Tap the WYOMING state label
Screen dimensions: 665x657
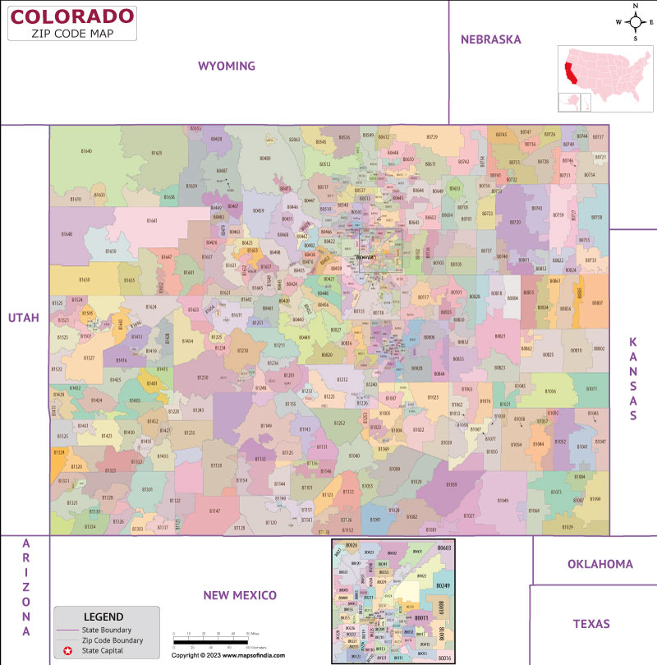pyautogui.click(x=227, y=66)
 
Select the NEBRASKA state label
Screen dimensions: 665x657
pyautogui.click(x=491, y=39)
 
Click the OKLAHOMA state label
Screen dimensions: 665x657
pyautogui.click(x=600, y=564)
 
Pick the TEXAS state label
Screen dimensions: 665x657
pyautogui.click(x=592, y=624)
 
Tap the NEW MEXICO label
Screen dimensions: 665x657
pyautogui.click(x=240, y=595)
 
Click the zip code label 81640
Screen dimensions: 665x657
pyautogui.click(x=86, y=152)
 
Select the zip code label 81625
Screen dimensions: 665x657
pyautogui.click(x=156, y=153)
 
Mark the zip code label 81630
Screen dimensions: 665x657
pyautogui.click(x=85, y=280)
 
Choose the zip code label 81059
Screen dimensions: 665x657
pyautogui.click(x=452, y=485)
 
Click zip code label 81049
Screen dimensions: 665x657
pyautogui.click(x=503, y=501)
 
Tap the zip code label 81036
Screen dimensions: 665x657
pyautogui.click(x=550, y=392)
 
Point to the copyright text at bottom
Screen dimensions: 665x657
pyautogui.click(x=228, y=655)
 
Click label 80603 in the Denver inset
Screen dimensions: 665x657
pyautogui.click(x=444, y=548)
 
